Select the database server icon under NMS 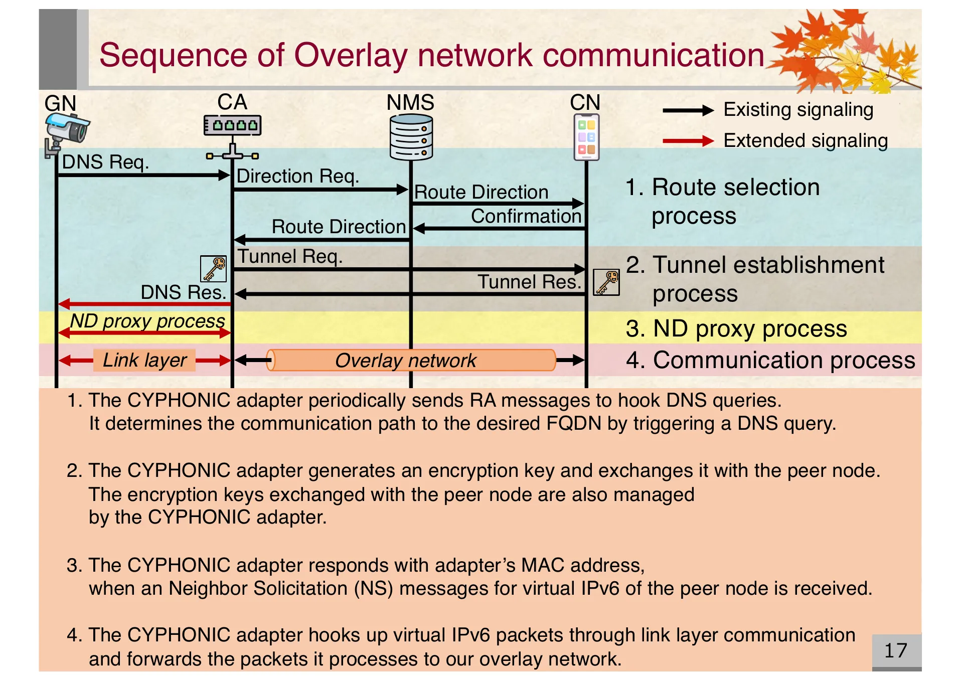click(411, 137)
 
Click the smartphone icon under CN click(586, 137)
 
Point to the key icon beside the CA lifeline click(214, 269)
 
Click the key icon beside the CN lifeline click(606, 282)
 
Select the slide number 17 click(895, 650)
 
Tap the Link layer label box click(144, 360)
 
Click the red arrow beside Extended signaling click(688, 141)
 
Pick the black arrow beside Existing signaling click(688, 110)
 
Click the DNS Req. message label click(105, 162)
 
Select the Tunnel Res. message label click(529, 282)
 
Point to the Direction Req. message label click(297, 177)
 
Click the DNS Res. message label click(183, 292)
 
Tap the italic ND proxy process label click(147, 321)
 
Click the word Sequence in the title click(173, 55)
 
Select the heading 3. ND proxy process click(736, 329)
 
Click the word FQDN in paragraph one click(573, 424)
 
